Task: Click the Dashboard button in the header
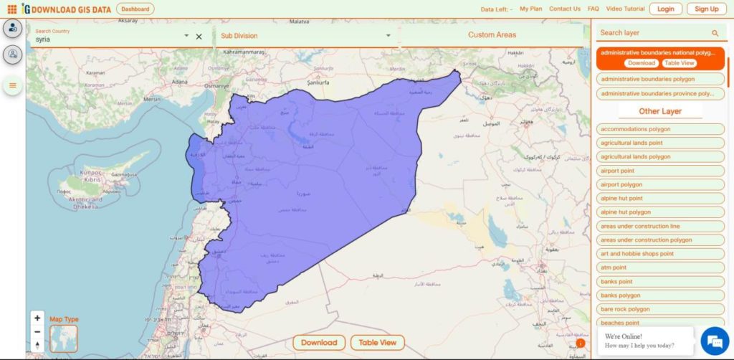coord(135,9)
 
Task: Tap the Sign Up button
coord(707,9)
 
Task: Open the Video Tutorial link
coord(625,9)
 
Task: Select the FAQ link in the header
coord(593,9)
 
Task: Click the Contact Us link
coord(565,9)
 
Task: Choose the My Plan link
coord(531,9)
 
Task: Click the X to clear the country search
coord(199,36)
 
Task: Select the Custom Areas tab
coord(492,35)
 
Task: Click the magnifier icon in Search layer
coord(715,33)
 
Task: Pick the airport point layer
coord(617,171)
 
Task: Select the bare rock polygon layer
coord(625,309)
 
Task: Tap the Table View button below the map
coord(378,343)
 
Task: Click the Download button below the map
coord(319,343)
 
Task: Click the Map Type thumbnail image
coord(63,338)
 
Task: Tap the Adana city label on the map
coord(180,81)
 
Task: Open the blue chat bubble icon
coord(715,339)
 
